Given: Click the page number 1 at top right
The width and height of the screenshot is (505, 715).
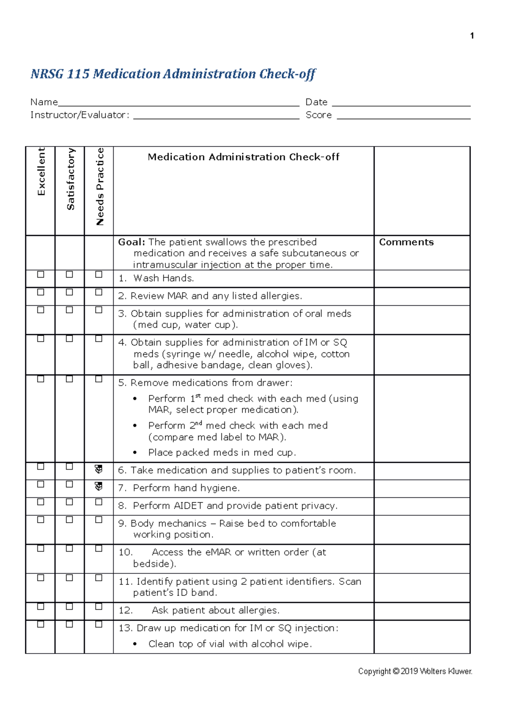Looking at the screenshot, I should [x=472, y=36].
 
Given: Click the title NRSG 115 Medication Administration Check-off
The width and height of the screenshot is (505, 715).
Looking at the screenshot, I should [x=173, y=74].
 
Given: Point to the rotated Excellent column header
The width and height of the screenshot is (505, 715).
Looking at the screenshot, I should [x=41, y=171].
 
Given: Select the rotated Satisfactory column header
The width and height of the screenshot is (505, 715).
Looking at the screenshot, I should [x=70, y=179].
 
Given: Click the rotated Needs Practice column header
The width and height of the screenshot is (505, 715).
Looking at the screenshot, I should [x=100, y=187].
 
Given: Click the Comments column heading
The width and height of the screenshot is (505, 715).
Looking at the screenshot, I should [x=406, y=242].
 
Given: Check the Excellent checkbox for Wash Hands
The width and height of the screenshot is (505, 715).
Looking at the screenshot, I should [x=41, y=275].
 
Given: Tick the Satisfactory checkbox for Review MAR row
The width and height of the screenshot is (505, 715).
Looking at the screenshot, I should [x=69, y=292].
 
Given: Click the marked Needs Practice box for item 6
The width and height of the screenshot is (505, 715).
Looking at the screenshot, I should [x=98, y=469].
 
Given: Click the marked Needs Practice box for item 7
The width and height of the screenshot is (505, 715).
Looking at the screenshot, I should [x=98, y=487].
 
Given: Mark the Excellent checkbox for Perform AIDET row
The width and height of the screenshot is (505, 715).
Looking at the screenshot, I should [x=41, y=502].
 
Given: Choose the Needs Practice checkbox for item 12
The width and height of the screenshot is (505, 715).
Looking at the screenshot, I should [x=98, y=607].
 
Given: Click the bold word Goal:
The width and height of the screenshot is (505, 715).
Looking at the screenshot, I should [x=131, y=242].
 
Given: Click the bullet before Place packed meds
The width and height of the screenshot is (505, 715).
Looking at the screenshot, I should [x=135, y=453].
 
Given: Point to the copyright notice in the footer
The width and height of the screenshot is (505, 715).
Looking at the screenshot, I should [x=415, y=671].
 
